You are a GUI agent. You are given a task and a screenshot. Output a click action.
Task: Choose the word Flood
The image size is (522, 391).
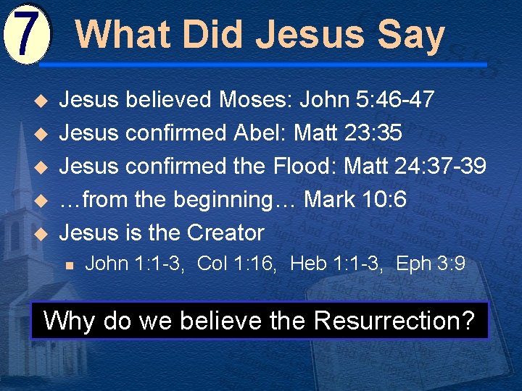(304, 166)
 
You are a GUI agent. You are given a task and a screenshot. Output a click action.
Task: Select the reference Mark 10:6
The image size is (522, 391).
(356, 199)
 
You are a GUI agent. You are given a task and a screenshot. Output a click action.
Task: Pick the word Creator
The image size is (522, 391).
(225, 232)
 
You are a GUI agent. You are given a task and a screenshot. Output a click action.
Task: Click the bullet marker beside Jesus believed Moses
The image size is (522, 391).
(41, 100)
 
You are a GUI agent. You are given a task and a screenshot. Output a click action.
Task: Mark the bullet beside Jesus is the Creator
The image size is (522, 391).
(41, 233)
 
